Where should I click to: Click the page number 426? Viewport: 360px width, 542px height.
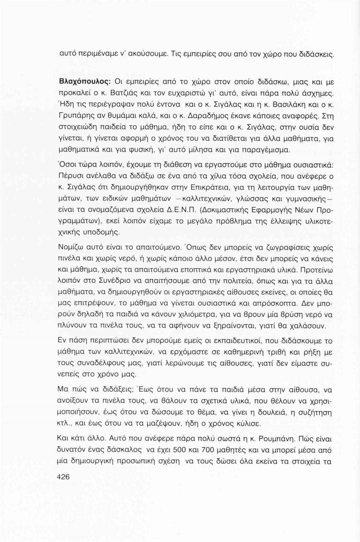pyautogui.click(x=63, y=477)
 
